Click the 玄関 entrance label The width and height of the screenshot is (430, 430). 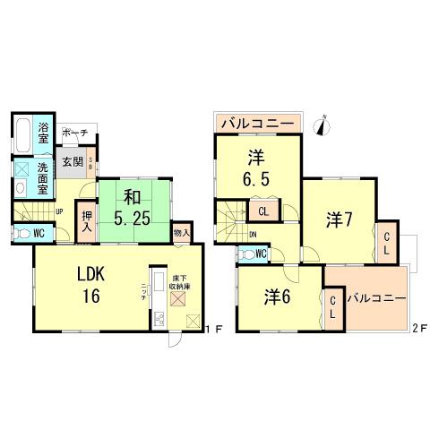pos(72,162)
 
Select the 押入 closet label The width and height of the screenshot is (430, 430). pos(87,220)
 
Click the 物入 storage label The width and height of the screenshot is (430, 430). pos(181,233)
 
